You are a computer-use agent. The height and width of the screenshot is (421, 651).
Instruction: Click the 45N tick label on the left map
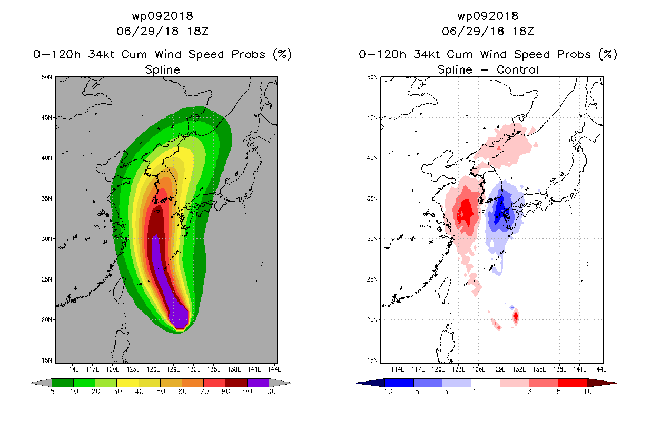[46, 117]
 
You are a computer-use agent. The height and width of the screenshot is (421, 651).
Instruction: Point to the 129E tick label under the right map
[499, 369]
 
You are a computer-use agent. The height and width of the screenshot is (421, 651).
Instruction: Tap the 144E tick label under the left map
[274, 369]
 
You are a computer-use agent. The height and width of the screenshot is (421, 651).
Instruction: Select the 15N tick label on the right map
[372, 360]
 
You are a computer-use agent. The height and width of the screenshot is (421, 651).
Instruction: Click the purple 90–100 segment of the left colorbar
[258, 383]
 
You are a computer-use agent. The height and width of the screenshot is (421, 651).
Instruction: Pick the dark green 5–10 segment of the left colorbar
[63, 383]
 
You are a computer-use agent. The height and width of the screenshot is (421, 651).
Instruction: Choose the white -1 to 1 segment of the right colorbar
[486, 383]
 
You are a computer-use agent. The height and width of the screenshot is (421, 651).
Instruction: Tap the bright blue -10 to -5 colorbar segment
[399, 383]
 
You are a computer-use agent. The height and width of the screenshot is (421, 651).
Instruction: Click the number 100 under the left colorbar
[270, 392]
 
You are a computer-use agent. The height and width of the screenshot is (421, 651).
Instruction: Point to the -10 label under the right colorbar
[386, 392]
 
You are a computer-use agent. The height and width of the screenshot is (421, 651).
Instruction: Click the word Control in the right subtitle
[517, 69]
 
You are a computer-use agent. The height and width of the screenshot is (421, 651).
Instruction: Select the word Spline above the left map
[162, 69]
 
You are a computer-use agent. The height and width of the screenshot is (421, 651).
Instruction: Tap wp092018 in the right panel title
[488, 16]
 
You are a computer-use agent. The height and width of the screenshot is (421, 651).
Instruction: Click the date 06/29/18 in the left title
[147, 31]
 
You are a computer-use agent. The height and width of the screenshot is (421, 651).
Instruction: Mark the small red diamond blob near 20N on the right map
[516, 317]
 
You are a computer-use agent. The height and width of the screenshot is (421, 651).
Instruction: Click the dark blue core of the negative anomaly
[500, 208]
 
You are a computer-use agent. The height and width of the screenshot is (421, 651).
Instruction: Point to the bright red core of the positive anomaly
[466, 212]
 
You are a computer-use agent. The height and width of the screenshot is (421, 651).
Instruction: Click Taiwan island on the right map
[445, 290]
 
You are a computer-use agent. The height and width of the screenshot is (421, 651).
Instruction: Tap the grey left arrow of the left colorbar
[41, 383]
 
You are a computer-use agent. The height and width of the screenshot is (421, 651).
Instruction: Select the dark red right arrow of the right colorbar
[601, 383]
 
